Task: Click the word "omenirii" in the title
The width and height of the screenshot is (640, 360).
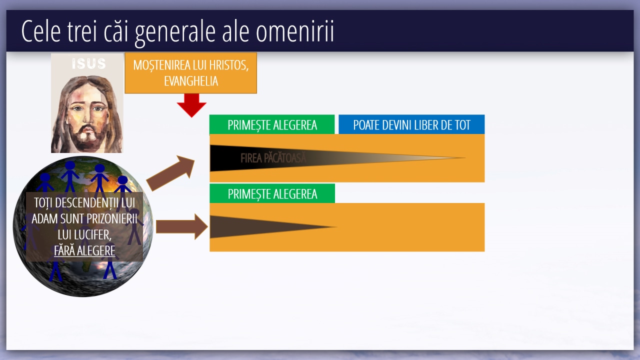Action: point(294,31)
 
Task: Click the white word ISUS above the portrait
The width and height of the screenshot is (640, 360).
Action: point(88,63)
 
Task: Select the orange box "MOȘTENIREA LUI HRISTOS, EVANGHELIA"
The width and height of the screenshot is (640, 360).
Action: point(191,73)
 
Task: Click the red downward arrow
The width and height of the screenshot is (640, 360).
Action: point(191,105)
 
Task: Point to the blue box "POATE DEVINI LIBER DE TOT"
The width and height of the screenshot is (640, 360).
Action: point(411,124)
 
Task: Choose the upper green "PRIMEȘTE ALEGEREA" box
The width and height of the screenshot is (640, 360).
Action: point(272,124)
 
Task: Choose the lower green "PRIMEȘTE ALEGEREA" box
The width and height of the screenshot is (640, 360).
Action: point(272,193)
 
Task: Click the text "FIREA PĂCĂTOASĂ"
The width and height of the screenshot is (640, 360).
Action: point(273,158)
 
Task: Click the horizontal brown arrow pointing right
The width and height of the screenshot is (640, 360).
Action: point(182,227)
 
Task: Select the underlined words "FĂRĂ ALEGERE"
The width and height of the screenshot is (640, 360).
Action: point(84,251)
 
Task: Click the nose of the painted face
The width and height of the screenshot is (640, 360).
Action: point(86,117)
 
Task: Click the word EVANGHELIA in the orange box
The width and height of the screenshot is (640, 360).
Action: point(191,81)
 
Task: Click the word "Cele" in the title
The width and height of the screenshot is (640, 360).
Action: point(41,31)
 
